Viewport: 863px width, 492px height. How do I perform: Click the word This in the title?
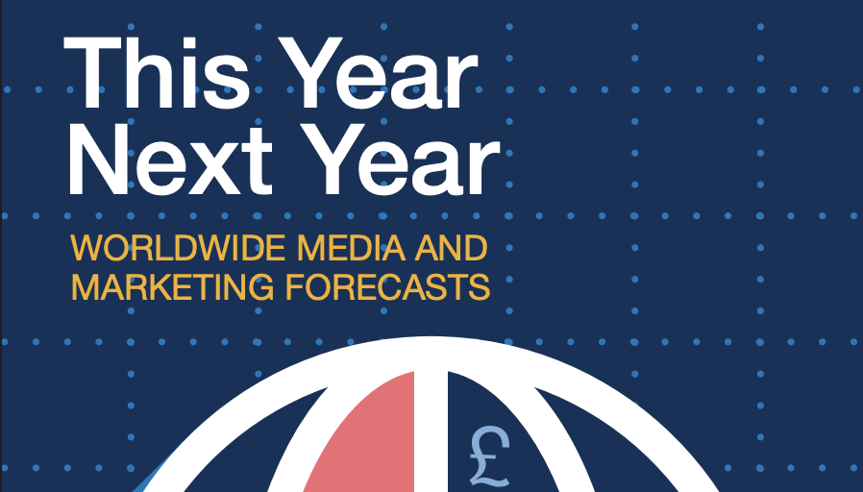click(157, 73)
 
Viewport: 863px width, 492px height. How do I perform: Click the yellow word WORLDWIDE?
click(178, 248)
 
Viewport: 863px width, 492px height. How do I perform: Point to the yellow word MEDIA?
click(351, 248)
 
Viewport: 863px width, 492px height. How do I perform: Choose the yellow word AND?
click(451, 248)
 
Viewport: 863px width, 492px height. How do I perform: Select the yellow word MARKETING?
click(172, 286)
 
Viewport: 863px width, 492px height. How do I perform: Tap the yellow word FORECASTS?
click(388, 286)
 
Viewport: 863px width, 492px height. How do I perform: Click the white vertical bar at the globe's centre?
click(431, 424)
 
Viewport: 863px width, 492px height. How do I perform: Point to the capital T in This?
click(92, 73)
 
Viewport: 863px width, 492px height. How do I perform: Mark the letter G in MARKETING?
click(260, 286)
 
